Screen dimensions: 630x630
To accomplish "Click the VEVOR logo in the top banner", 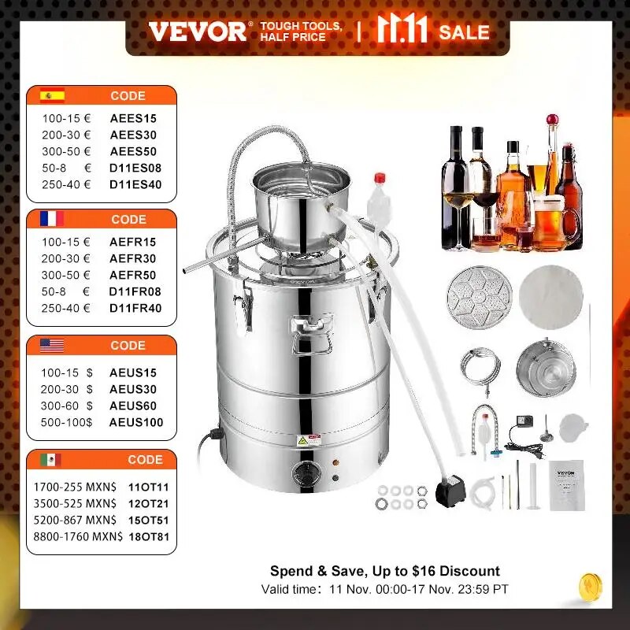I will point(197,31).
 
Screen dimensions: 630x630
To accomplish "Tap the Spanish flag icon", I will point(53,96).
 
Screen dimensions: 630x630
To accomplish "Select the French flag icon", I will point(53,220).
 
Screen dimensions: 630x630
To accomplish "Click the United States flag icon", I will point(53,345).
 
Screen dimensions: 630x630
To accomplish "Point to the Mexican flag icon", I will point(53,459).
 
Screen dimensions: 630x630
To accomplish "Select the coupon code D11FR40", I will point(135,308).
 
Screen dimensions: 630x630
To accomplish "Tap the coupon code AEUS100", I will point(135,423).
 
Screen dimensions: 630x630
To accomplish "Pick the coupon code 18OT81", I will point(148,538).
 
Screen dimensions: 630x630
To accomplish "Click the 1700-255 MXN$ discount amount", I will point(78,488).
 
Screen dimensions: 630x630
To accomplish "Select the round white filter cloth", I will point(551,299).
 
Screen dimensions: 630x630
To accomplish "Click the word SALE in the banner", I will point(465,32).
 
